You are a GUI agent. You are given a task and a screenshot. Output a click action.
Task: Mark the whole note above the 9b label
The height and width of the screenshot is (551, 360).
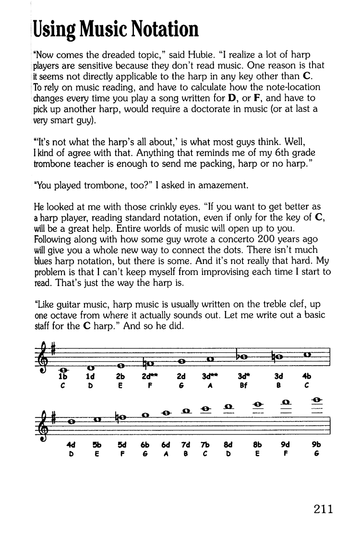click(x=316, y=399)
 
